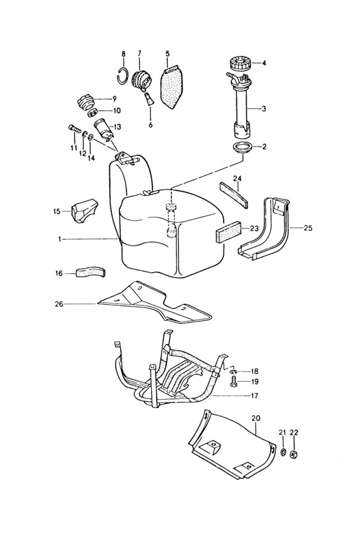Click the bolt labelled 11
[75, 130]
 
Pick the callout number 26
[59, 304]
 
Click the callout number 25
[308, 228]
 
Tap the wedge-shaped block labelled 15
[85, 211]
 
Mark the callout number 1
[59, 239]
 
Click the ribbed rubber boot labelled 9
[85, 104]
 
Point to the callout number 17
[254, 396]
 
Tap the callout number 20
[256, 418]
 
